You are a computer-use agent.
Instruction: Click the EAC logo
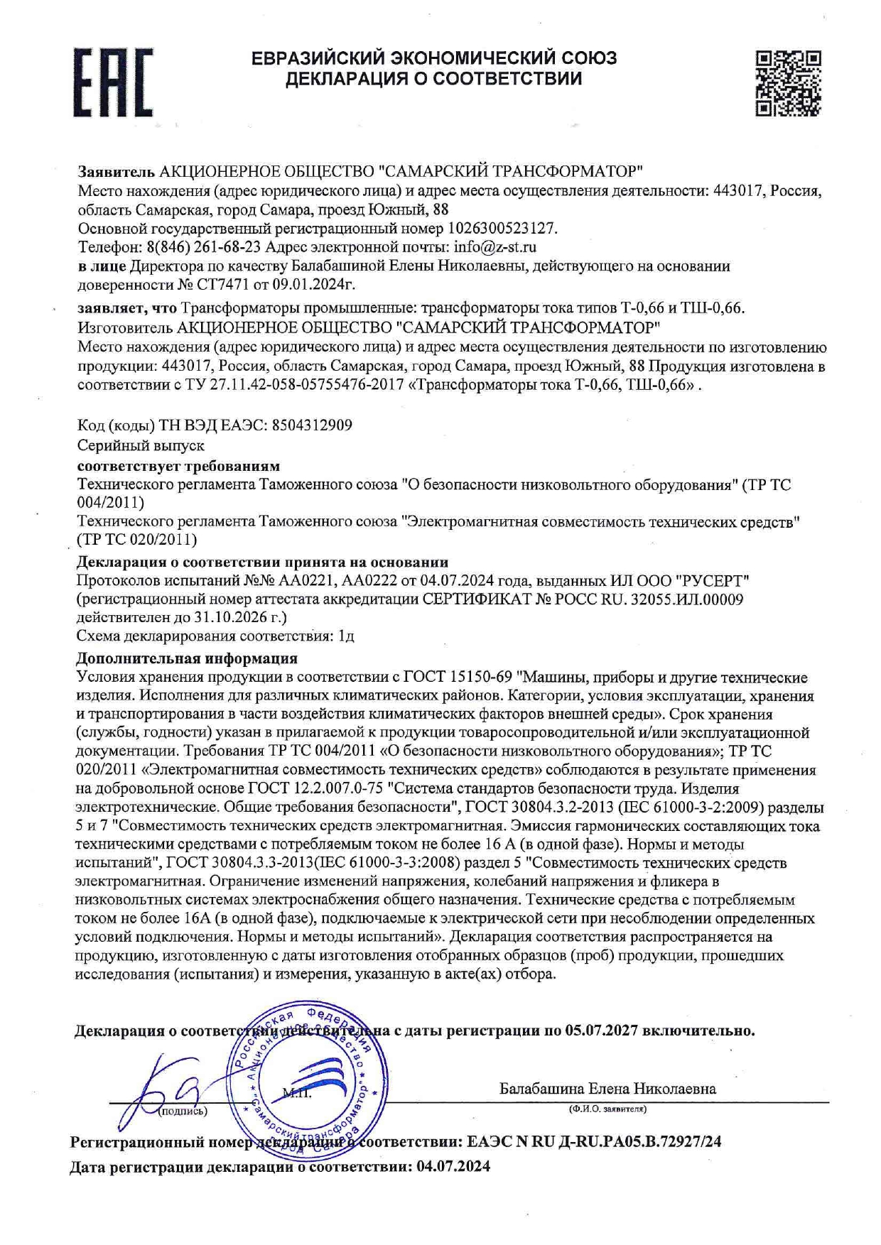[x=113, y=82]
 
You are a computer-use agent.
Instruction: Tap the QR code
[x=788, y=82]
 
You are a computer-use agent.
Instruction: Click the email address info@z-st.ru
[x=495, y=247]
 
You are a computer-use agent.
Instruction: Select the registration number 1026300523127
[x=501, y=229]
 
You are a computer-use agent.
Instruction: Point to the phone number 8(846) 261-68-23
[x=203, y=247]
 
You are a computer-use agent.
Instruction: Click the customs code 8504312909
[x=310, y=425]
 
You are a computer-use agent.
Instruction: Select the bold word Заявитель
[x=115, y=172]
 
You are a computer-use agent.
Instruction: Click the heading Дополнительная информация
[x=187, y=658]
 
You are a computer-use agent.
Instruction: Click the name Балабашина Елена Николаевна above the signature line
[x=607, y=1089]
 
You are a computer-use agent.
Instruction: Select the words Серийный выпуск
[x=141, y=445]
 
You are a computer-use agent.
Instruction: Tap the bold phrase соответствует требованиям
[x=178, y=466]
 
